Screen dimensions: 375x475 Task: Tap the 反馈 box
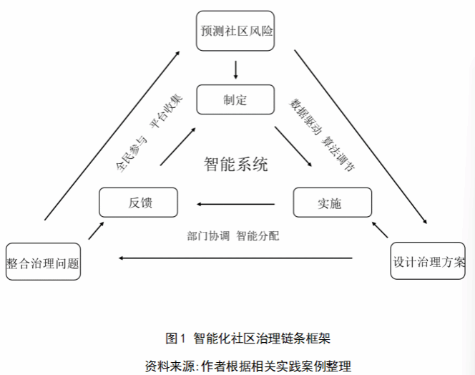coord(138,203)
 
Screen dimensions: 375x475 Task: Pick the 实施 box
coord(333,203)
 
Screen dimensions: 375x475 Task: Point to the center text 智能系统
coord(235,164)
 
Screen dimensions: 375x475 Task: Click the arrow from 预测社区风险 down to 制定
coord(235,69)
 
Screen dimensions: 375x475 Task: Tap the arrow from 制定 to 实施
coord(293,147)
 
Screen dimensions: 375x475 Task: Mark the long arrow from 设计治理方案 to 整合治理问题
coord(236,258)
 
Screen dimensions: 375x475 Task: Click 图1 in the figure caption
coord(175,337)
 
